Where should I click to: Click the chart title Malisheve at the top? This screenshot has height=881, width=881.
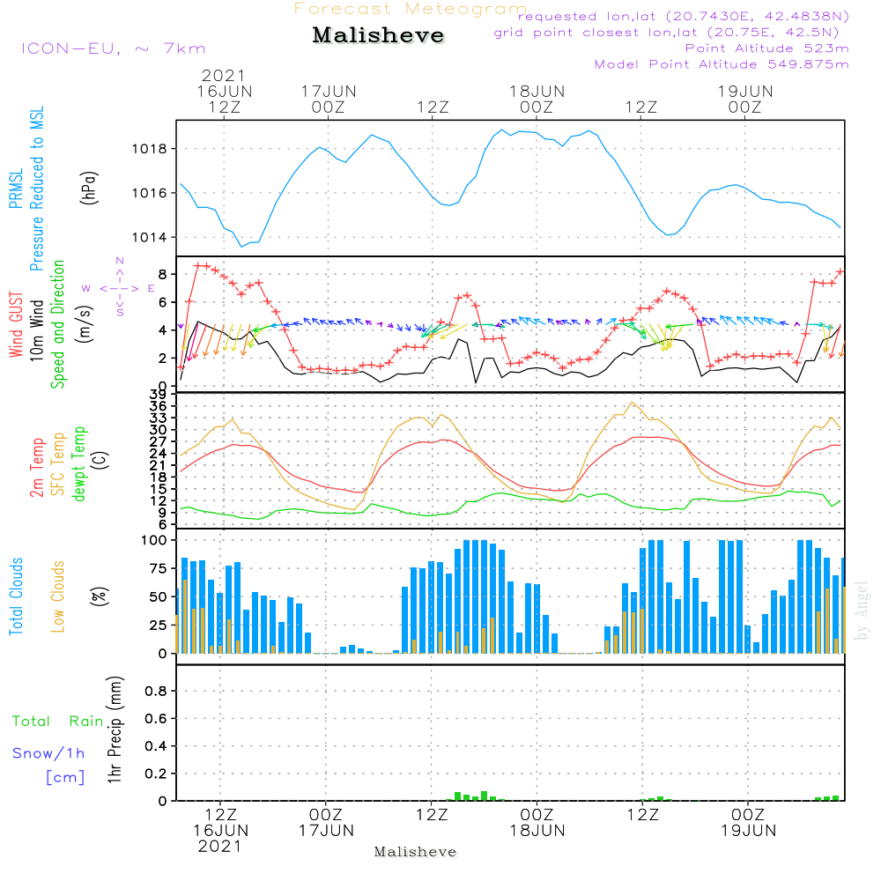tap(378, 36)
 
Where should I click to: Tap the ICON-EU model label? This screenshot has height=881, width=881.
tap(113, 48)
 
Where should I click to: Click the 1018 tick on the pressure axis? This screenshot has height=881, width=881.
tap(155, 148)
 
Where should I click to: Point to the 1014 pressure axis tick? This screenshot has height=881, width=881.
tap(155, 237)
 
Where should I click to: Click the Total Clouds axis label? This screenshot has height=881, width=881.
tap(15, 596)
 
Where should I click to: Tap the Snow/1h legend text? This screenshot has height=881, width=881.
tap(49, 754)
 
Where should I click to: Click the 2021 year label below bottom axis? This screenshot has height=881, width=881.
tap(219, 846)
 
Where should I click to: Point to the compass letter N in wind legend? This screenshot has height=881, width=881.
tap(120, 261)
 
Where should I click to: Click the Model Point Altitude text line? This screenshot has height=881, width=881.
tap(721, 64)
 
